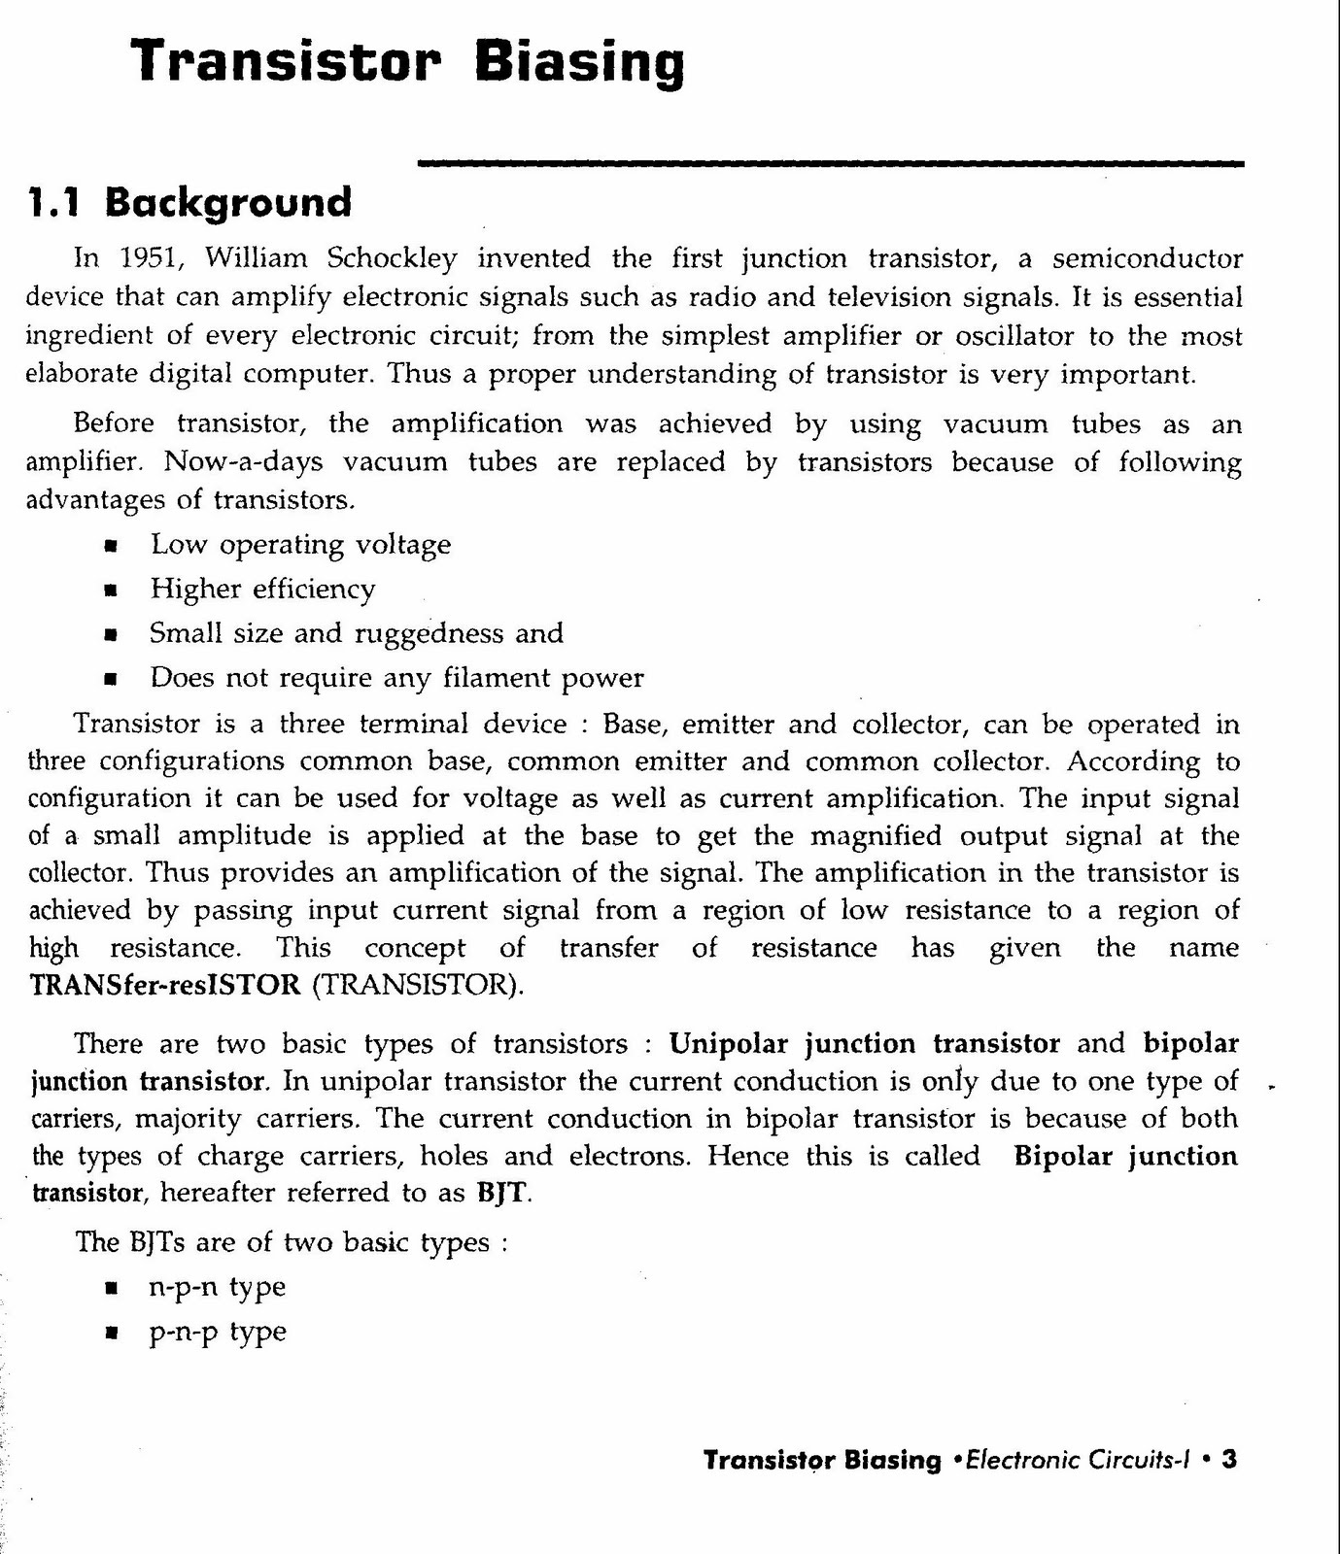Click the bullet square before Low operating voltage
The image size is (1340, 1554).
click(x=111, y=547)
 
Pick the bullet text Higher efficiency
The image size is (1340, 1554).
click(x=262, y=590)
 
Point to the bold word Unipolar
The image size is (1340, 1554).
click(x=730, y=1044)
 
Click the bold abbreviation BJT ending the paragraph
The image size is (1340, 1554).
click(x=504, y=1193)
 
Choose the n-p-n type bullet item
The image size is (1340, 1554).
click(x=217, y=1288)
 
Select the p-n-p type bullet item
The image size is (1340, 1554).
click(x=217, y=1332)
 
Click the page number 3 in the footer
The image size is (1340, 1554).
click(x=1229, y=1460)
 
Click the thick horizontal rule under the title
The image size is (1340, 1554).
click(x=830, y=164)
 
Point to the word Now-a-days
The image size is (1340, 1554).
click(x=243, y=461)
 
